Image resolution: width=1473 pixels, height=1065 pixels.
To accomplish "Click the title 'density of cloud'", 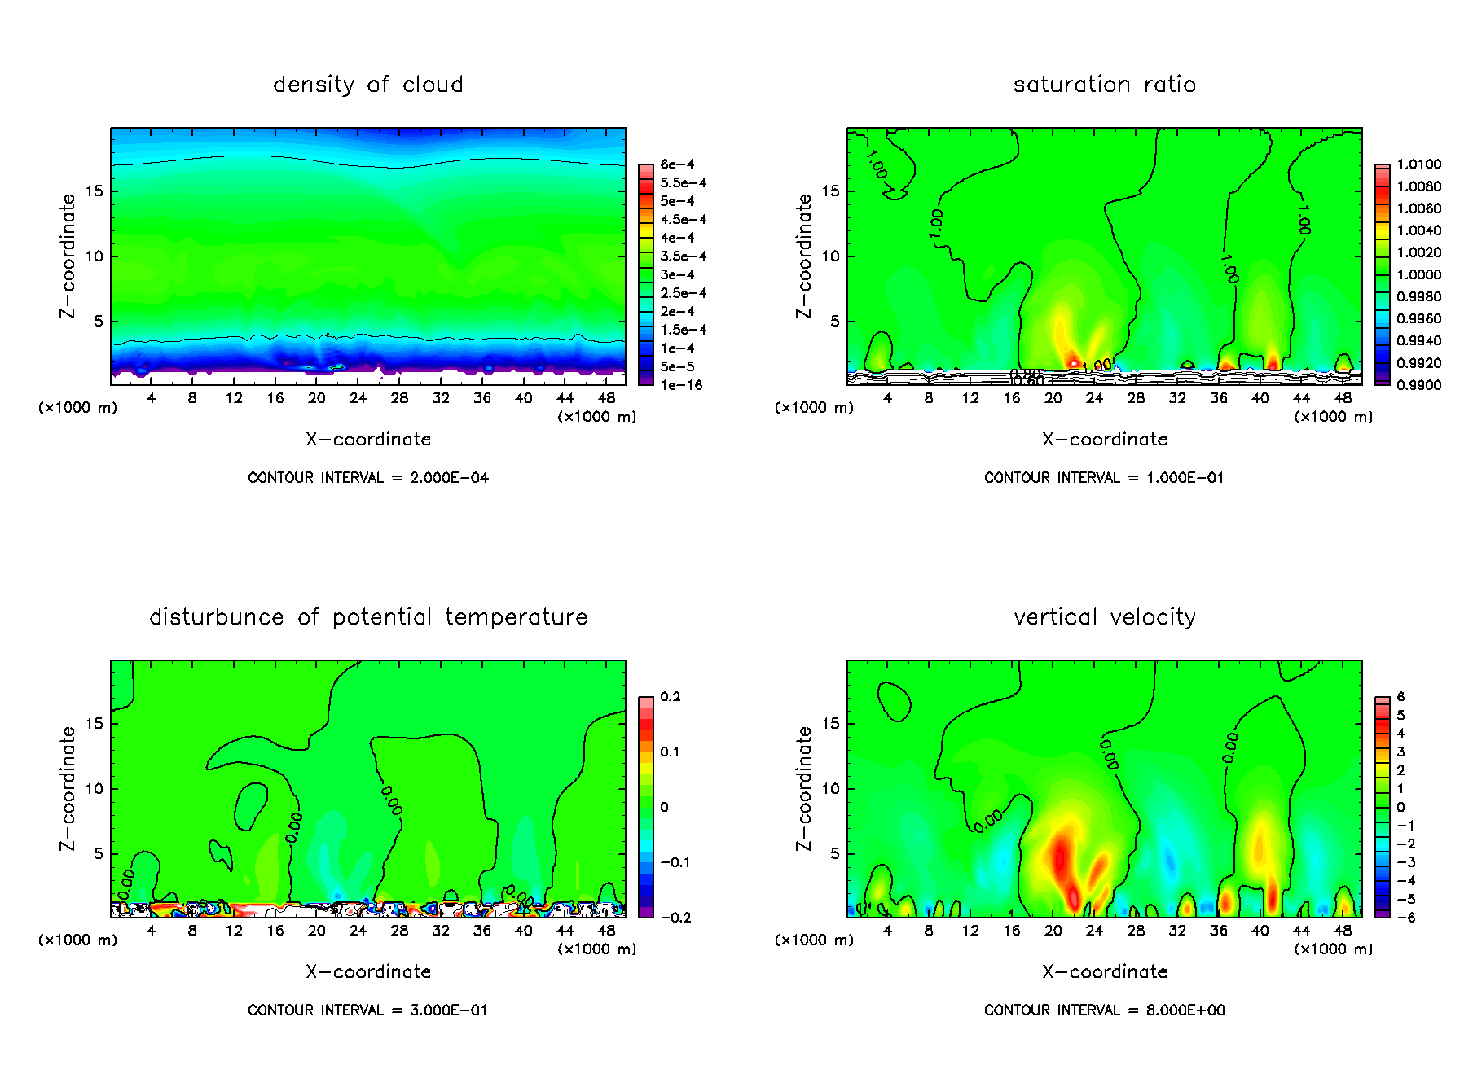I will point(368,85).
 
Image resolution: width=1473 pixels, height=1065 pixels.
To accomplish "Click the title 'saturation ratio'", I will point(1104,85).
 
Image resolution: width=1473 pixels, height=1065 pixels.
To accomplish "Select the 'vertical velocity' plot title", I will point(1104,617).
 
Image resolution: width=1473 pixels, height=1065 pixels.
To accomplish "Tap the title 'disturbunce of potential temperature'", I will point(368,617).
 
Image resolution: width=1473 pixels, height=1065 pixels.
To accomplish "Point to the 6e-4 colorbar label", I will point(677,164).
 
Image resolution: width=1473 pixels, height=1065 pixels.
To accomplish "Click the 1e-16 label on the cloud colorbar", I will point(681,385).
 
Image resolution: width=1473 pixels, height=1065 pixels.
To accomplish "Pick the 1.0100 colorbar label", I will point(1418,164).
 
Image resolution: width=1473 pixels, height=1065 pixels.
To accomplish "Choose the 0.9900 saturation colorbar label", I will point(1418,385).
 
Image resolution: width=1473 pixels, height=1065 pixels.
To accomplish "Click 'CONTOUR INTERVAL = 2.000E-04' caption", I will point(368,478).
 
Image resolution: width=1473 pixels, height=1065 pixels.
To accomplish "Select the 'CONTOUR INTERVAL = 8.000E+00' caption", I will point(1104,1010).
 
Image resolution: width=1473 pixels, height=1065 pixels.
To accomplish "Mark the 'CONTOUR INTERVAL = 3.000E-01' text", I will point(368,1010).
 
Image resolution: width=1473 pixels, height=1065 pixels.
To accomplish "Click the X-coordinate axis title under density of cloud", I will point(368,440).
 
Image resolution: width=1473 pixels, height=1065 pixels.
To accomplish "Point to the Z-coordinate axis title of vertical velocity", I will point(803,788).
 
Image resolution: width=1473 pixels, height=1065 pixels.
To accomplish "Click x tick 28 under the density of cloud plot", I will point(399,398).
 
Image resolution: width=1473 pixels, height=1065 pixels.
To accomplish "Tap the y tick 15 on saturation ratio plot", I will point(830,191).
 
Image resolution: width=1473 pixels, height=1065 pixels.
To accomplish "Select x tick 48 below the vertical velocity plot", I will point(1343,931).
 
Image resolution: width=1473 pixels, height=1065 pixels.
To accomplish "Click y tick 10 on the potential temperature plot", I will point(95,788).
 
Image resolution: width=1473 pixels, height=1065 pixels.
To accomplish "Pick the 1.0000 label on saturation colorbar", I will point(1418,275).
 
